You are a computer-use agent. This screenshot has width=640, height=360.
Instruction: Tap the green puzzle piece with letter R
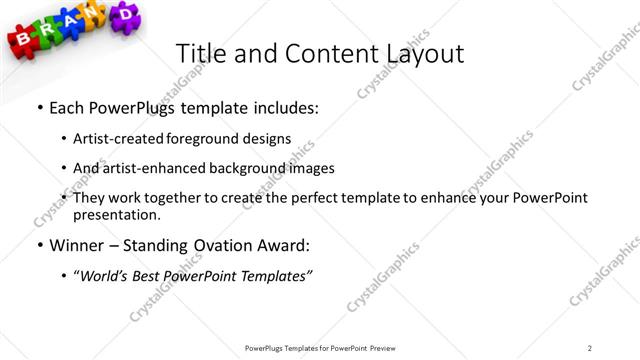click(x=48, y=33)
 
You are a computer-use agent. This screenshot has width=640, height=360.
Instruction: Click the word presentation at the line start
click(x=115, y=214)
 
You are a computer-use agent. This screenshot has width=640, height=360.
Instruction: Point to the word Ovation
click(x=216, y=245)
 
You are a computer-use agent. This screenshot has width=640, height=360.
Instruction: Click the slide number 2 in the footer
click(x=590, y=348)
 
